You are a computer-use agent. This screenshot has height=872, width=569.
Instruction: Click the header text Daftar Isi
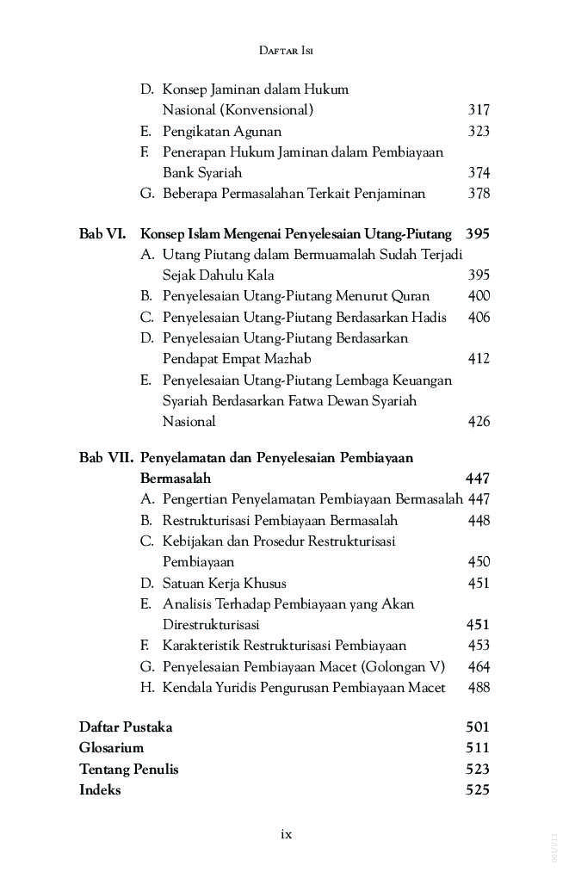[x=285, y=51]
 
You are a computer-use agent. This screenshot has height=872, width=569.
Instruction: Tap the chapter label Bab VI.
[x=102, y=233]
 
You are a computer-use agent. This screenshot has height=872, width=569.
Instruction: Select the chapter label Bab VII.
[x=106, y=458]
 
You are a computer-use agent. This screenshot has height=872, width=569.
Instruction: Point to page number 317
[x=479, y=110]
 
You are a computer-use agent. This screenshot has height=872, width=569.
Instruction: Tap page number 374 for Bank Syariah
[x=479, y=173]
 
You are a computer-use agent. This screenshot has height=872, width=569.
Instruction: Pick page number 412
[x=479, y=359]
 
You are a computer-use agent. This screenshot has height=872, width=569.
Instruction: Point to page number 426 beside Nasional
[x=479, y=422]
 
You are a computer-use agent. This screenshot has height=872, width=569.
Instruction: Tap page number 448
[x=479, y=521]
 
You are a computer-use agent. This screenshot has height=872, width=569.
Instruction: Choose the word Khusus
[x=259, y=583]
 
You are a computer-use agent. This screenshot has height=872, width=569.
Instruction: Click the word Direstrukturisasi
[x=211, y=625]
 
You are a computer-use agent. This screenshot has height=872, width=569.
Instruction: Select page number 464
[x=479, y=666]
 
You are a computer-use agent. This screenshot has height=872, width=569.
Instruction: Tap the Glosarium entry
[x=111, y=748]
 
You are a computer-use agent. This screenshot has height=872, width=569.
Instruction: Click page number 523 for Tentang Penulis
[x=477, y=770]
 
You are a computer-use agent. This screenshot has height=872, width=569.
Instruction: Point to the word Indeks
[x=100, y=790]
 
